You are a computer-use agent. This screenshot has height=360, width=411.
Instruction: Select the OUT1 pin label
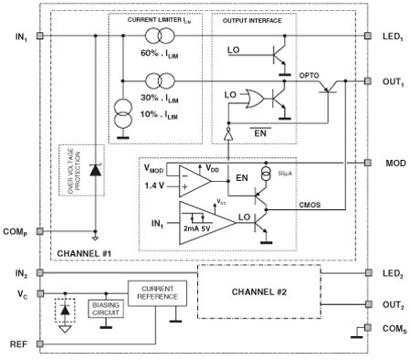point(390,79)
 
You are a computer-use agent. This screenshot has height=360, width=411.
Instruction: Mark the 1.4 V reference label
point(155,186)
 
